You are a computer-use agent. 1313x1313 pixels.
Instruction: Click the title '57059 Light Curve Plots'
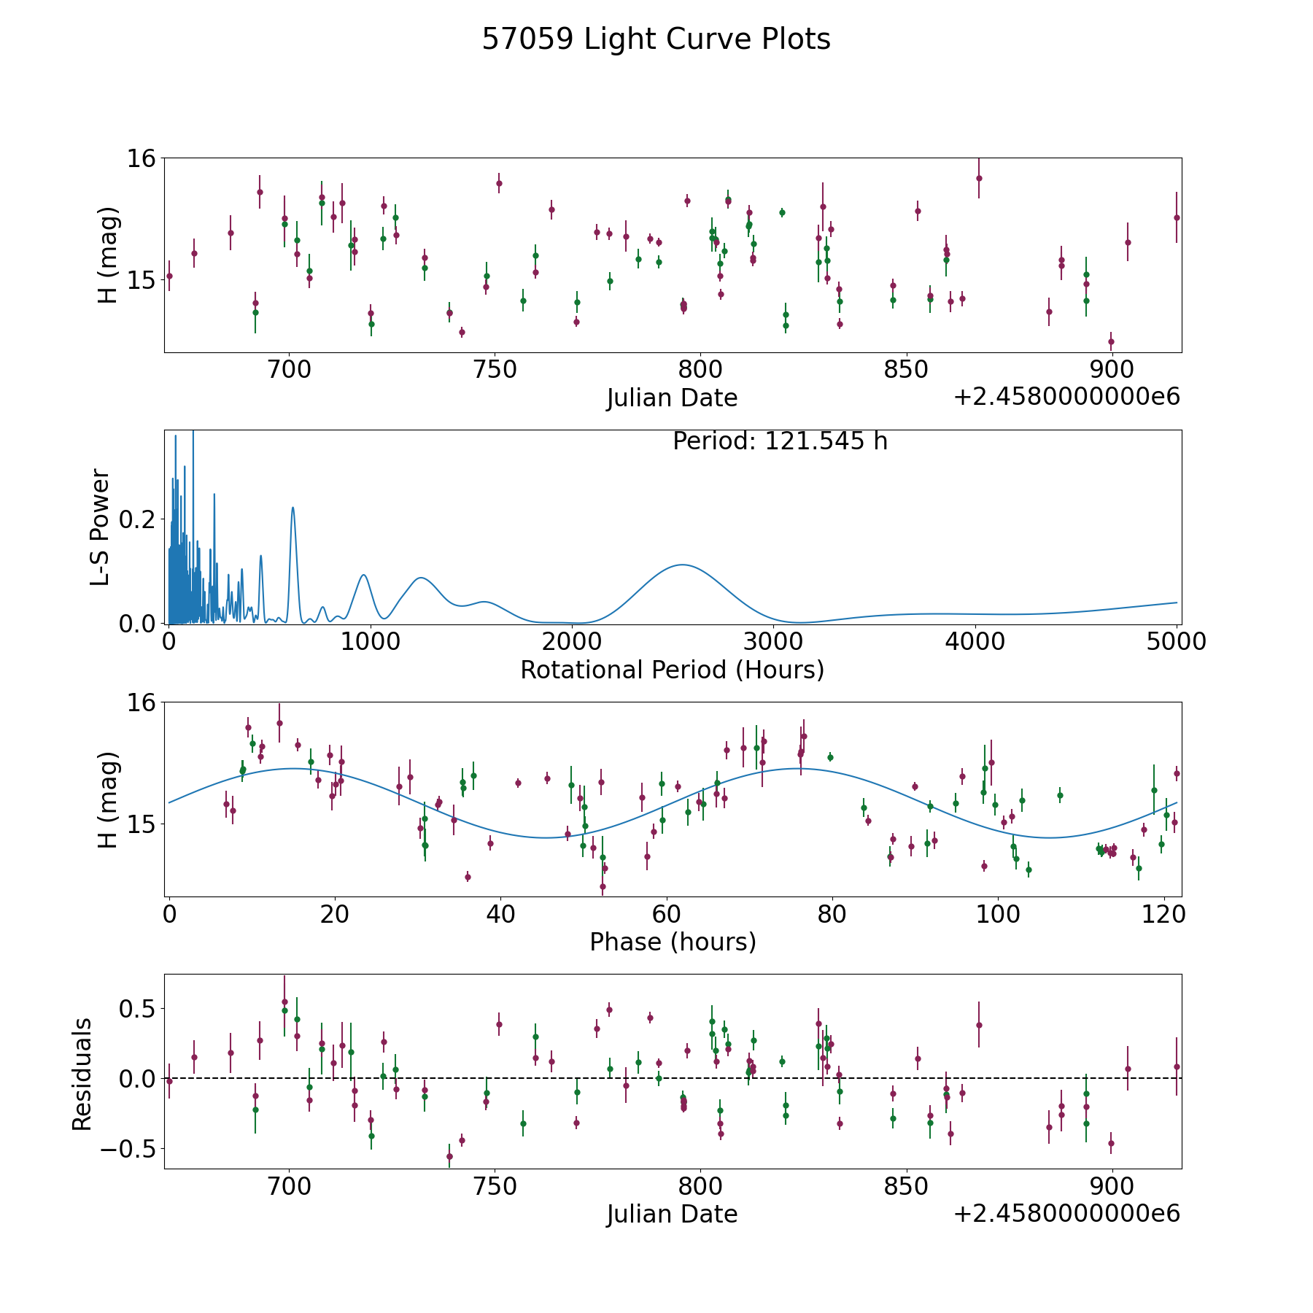(x=656, y=39)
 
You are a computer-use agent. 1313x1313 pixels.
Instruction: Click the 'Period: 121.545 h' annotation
(x=780, y=441)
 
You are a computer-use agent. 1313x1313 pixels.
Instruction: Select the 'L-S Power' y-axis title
(x=100, y=527)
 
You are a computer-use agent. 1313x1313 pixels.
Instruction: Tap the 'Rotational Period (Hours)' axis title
(x=672, y=670)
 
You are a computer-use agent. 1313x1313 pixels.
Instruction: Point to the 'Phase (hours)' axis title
(x=672, y=942)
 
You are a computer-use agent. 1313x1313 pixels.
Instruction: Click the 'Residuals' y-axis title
(x=82, y=1074)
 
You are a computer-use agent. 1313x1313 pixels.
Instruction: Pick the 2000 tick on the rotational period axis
(x=572, y=642)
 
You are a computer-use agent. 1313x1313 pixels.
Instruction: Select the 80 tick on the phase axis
(x=832, y=914)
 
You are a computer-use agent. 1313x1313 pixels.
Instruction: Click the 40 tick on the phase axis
(x=500, y=914)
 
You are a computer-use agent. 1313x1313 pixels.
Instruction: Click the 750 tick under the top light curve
(x=495, y=370)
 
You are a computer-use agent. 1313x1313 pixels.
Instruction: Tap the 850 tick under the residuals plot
(x=906, y=1187)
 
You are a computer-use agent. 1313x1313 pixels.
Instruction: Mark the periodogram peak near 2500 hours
(x=682, y=565)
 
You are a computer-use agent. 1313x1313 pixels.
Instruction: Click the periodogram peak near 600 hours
(x=293, y=508)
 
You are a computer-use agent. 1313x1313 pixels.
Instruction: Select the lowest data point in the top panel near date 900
(x=1111, y=341)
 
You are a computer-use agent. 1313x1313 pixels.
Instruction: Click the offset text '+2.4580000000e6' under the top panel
(x=1066, y=398)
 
